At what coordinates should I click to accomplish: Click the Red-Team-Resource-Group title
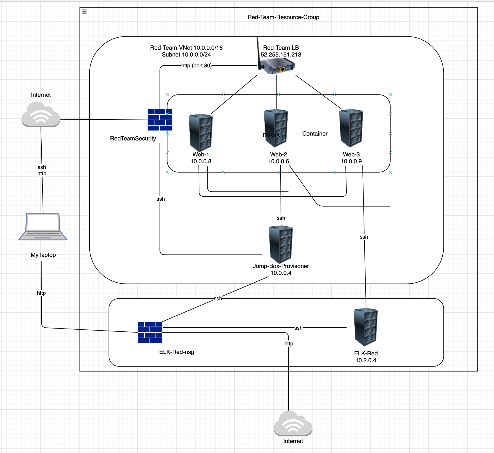283,17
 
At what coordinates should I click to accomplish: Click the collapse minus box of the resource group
84,11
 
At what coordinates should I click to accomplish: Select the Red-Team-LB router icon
277,66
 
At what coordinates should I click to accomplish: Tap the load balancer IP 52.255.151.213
281,55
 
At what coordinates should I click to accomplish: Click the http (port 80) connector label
196,66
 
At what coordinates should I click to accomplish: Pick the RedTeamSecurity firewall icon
160,120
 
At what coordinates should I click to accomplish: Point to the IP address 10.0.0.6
279,161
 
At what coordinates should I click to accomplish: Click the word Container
315,134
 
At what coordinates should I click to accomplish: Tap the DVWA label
271,135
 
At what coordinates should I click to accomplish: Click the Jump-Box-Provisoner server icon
281,244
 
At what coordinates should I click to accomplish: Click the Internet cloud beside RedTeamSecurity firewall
41,114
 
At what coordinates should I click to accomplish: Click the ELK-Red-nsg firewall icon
150,332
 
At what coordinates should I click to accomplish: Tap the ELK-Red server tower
366,327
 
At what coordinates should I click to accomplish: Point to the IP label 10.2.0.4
366,360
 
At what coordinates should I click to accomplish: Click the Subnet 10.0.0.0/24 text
186,55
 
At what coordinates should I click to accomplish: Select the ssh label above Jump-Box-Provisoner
281,218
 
